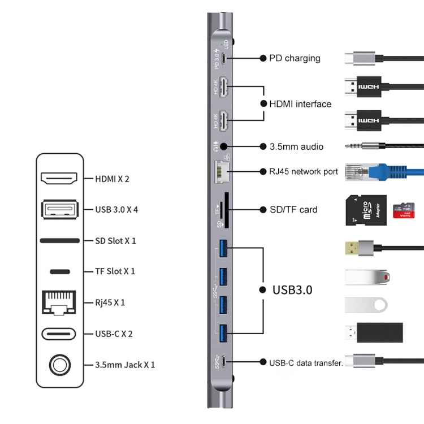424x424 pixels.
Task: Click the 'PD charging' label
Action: (x=294, y=58)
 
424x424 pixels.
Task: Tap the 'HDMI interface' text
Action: (x=300, y=103)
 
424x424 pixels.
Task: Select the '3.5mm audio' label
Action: (x=296, y=146)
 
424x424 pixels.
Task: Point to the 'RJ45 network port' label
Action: (x=304, y=171)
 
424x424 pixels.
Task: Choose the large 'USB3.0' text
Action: (x=292, y=290)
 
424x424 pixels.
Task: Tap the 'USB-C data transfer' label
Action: (x=306, y=362)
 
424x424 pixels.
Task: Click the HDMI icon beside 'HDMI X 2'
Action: (x=59, y=179)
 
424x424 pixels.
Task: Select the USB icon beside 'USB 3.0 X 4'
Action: (x=59, y=209)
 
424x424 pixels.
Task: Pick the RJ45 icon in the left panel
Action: (x=59, y=302)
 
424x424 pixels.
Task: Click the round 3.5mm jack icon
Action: (x=59, y=365)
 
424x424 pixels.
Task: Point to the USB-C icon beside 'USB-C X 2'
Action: (x=59, y=334)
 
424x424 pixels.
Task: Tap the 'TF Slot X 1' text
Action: (x=115, y=271)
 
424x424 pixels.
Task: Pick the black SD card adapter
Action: (x=365, y=209)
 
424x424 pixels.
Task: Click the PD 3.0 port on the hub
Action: (x=224, y=58)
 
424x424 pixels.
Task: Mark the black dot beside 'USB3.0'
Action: (x=262, y=289)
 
